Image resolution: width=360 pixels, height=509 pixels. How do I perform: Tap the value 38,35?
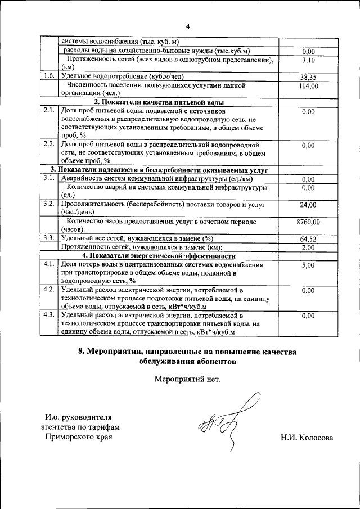click(x=308, y=77)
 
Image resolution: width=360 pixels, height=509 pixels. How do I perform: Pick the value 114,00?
click(x=308, y=86)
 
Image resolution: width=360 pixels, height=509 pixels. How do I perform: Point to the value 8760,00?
click(x=308, y=222)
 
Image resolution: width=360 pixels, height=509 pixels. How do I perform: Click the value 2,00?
click(x=308, y=247)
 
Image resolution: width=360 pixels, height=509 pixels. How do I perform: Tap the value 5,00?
click(x=308, y=265)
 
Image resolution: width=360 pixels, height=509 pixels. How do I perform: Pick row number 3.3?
click(x=49, y=238)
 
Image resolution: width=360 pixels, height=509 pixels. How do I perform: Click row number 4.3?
click(x=49, y=316)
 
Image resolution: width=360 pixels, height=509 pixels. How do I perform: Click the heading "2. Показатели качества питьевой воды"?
click(x=159, y=102)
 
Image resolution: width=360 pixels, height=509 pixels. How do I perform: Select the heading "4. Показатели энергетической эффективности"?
click(x=159, y=256)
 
